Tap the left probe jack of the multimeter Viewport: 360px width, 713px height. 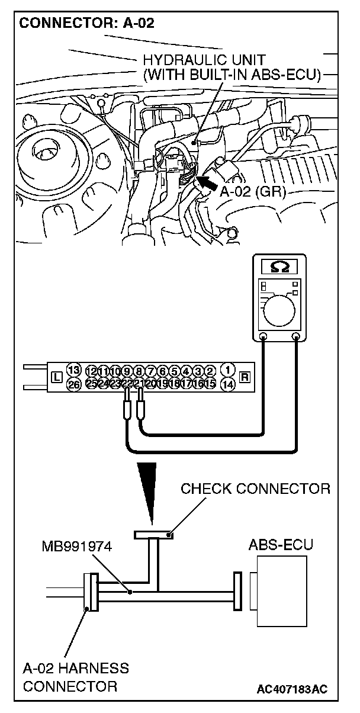click(263, 338)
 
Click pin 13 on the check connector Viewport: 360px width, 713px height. click(73, 370)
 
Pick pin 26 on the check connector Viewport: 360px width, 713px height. click(73, 384)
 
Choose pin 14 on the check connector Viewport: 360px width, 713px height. click(228, 384)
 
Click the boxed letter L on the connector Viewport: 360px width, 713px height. click(56, 377)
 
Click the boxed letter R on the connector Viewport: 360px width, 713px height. click(245, 377)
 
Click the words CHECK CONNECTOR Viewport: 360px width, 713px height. click(255, 489)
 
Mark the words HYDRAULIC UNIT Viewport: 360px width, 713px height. click(204, 60)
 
